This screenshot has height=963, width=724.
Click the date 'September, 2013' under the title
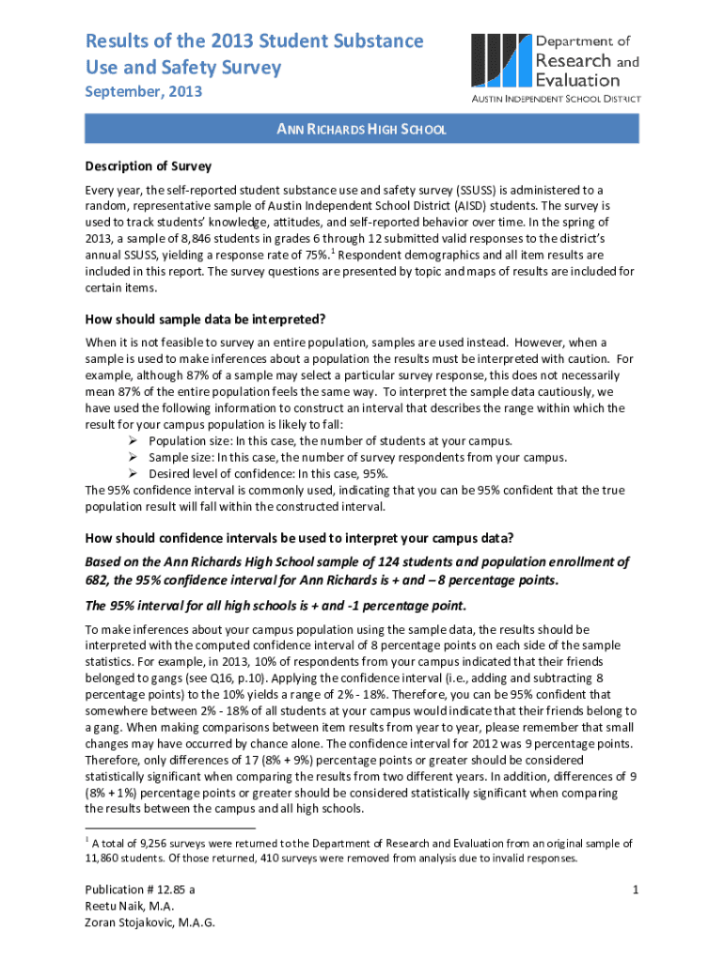(x=143, y=92)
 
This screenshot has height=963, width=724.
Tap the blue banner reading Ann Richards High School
(x=361, y=129)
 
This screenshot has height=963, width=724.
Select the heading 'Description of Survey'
(x=148, y=166)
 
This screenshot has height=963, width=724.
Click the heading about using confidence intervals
(x=299, y=539)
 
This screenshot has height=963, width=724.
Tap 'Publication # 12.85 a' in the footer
(x=140, y=889)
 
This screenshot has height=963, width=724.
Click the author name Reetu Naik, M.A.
(x=129, y=906)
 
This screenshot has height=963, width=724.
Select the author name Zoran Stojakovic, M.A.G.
(x=150, y=923)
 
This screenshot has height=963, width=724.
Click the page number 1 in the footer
(x=637, y=889)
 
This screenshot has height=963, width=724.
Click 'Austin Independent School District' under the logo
(x=556, y=98)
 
